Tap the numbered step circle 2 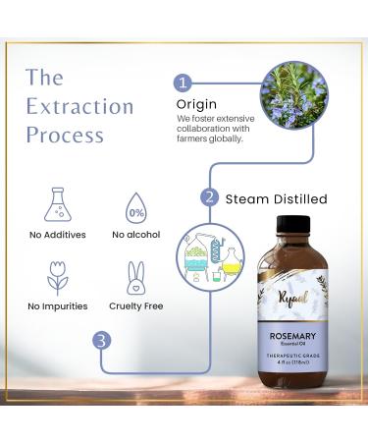208,196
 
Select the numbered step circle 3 102,340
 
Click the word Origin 196,104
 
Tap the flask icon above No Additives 57,204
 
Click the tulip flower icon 57,278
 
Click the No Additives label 57,236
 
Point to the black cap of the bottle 293,228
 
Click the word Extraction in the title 79,106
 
